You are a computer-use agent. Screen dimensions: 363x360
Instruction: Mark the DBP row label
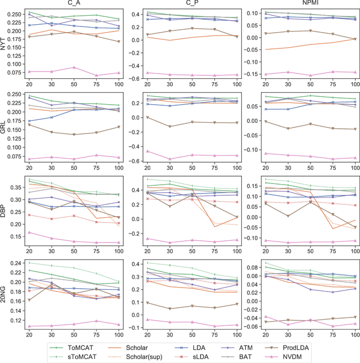4,212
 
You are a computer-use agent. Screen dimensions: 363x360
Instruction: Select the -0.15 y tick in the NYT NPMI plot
245,74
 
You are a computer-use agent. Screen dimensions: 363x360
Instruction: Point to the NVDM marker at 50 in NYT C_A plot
74,68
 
